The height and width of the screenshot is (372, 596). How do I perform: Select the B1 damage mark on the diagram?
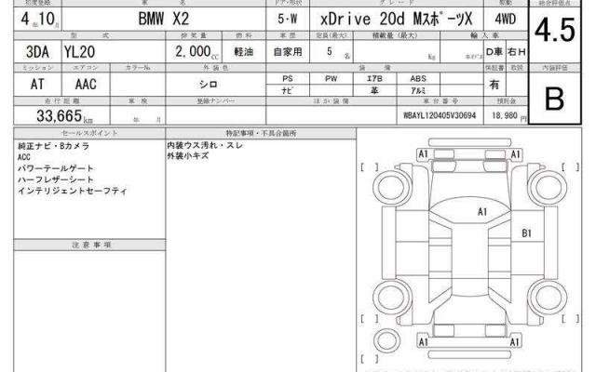526,232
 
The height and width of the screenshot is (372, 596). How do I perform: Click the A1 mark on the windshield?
482,212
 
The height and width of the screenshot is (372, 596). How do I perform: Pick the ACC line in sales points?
24,158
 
